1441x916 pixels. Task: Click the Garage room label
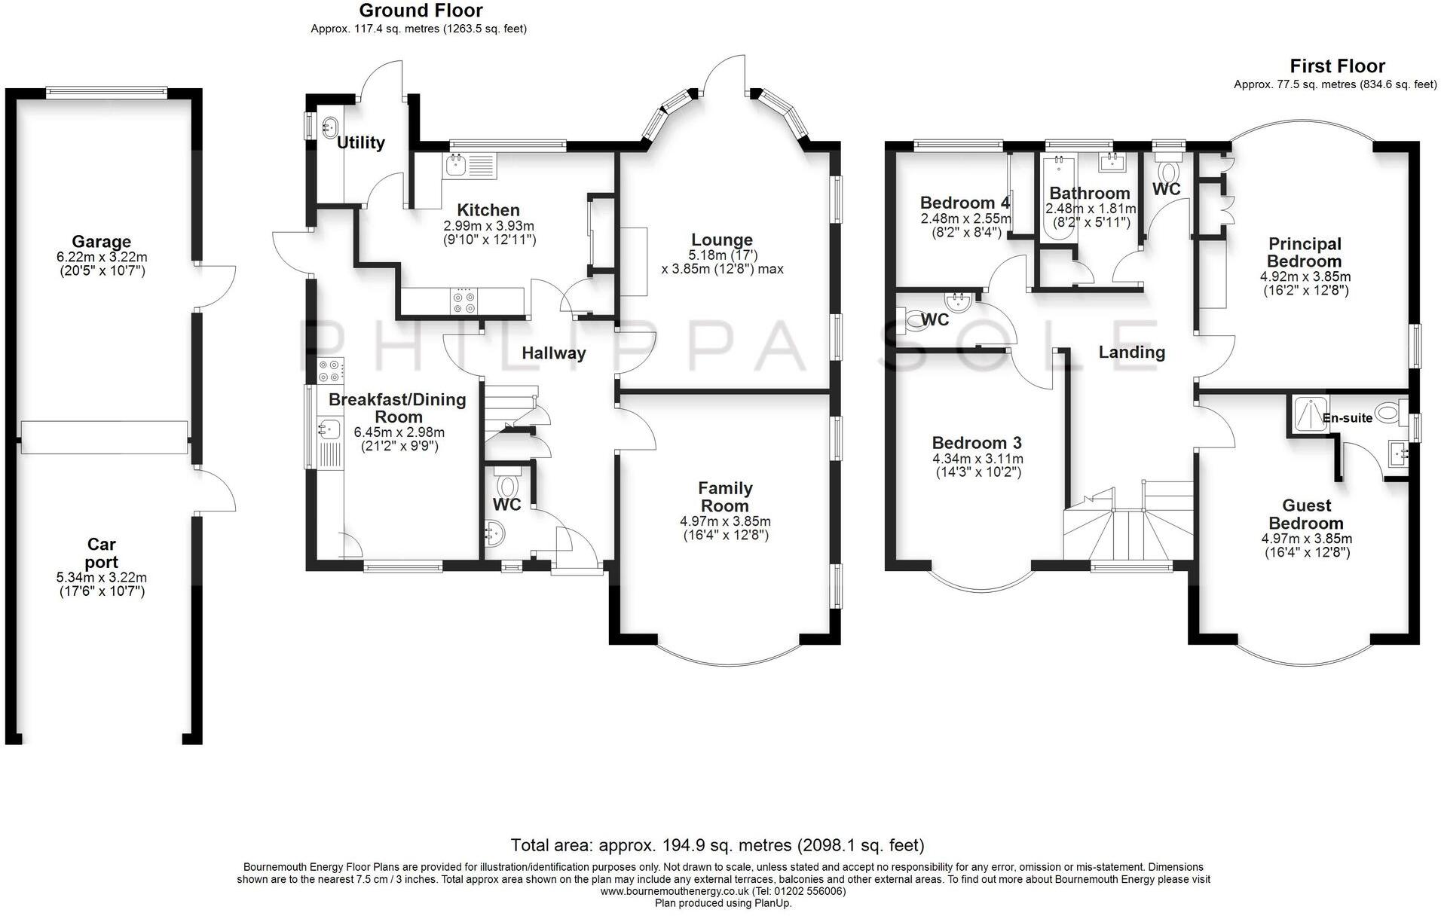pos(101,242)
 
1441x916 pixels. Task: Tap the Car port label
pos(101,552)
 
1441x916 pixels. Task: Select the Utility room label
pos(361,142)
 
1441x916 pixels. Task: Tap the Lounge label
pos(722,240)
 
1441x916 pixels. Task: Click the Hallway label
pos(553,353)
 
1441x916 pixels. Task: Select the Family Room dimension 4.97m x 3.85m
pos(725,521)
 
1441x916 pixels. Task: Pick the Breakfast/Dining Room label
pos(397,408)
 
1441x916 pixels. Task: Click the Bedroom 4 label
pos(965,203)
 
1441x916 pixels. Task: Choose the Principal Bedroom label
pos(1305,252)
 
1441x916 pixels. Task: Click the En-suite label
pos(1348,418)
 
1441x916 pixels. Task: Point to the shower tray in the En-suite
pos(1309,415)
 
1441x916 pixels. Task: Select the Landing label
pos(1131,352)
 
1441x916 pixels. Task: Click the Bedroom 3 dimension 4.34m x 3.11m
pos(977,459)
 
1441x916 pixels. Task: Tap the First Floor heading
pos(1337,66)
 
